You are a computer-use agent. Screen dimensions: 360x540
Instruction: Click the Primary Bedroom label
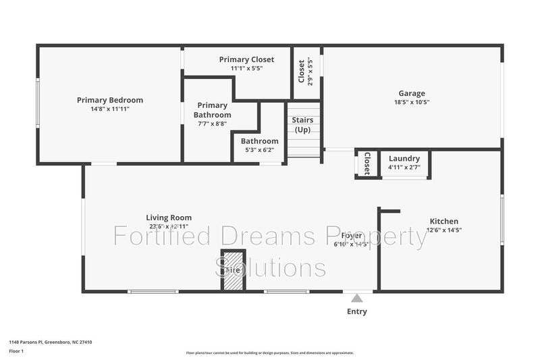(109, 100)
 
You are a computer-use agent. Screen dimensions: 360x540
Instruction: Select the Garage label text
(412, 94)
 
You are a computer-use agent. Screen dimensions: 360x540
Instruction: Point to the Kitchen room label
(443, 221)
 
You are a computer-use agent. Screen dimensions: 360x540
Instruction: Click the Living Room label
(169, 217)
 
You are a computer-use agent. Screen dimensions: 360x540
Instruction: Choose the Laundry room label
(404, 159)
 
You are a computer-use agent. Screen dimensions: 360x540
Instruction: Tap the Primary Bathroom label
(212, 110)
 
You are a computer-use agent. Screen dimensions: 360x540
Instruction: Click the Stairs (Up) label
(302, 124)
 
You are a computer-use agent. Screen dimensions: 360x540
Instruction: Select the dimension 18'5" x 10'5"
(412, 103)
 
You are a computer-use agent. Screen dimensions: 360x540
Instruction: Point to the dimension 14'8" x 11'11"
(109, 109)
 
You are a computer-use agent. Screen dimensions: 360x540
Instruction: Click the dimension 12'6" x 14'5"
(443, 230)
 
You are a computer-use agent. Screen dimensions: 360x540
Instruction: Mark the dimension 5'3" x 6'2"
(259, 150)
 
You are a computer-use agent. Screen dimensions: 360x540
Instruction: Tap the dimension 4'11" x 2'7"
(404, 167)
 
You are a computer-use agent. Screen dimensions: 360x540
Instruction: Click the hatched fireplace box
(233, 271)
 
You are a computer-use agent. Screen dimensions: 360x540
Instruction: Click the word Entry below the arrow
(356, 311)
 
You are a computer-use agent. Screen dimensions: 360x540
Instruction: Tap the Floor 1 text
(16, 351)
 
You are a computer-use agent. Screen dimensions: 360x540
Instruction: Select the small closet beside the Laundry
(367, 163)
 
